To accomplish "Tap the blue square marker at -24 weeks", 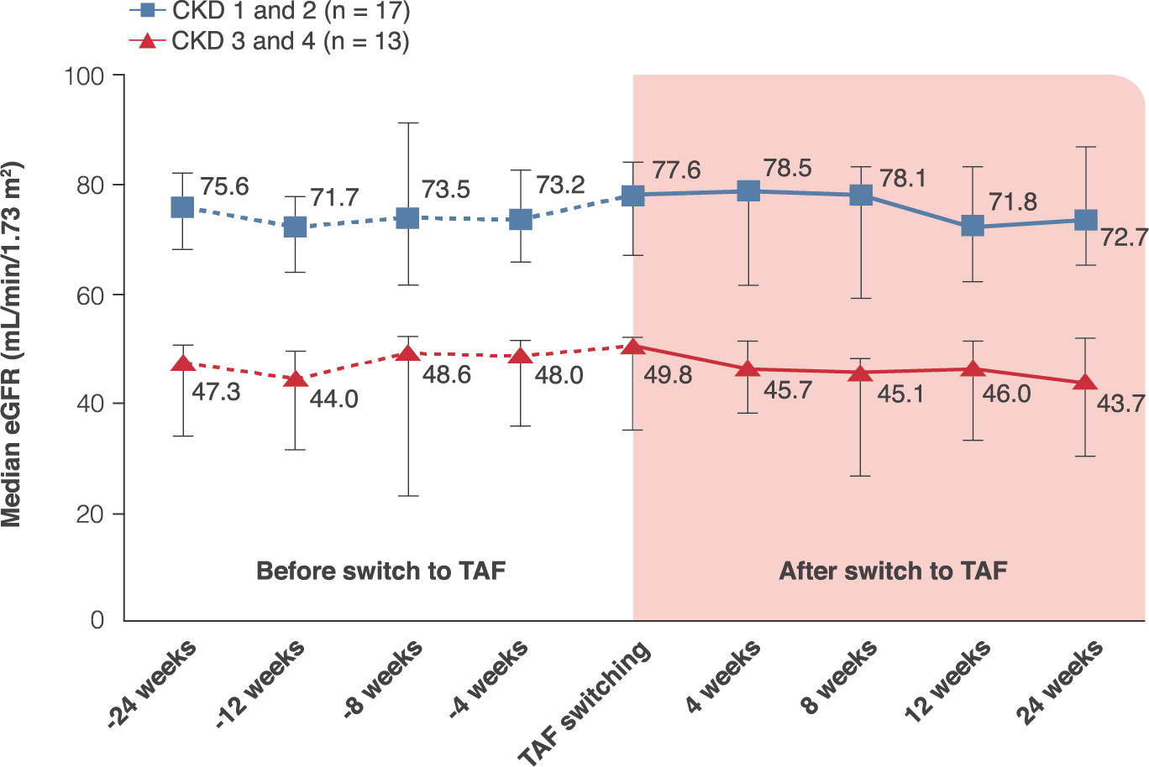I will pos(182,207).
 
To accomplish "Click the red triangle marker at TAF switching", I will pos(633,346).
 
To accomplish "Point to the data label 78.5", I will pos(787,168).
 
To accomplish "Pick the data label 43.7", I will pos(1121,404).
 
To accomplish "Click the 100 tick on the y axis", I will pos(84,76).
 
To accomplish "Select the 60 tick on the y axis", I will pos(91,295).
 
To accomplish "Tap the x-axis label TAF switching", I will pos(585,703).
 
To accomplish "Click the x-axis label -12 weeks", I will pos(260,684).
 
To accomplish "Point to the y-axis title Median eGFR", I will pos(12,344).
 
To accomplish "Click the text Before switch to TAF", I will pos(380,571).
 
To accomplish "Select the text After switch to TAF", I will pos(893,571).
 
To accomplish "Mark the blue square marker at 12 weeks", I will pos(973,226).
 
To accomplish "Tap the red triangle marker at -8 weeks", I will pos(407,352).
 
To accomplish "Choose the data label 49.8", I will pos(668,375).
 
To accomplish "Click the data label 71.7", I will pos(334,198).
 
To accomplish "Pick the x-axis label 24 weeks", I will pos(1059,681).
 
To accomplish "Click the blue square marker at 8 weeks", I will pos(861,196).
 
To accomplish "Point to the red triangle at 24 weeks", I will pos(1085,383).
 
